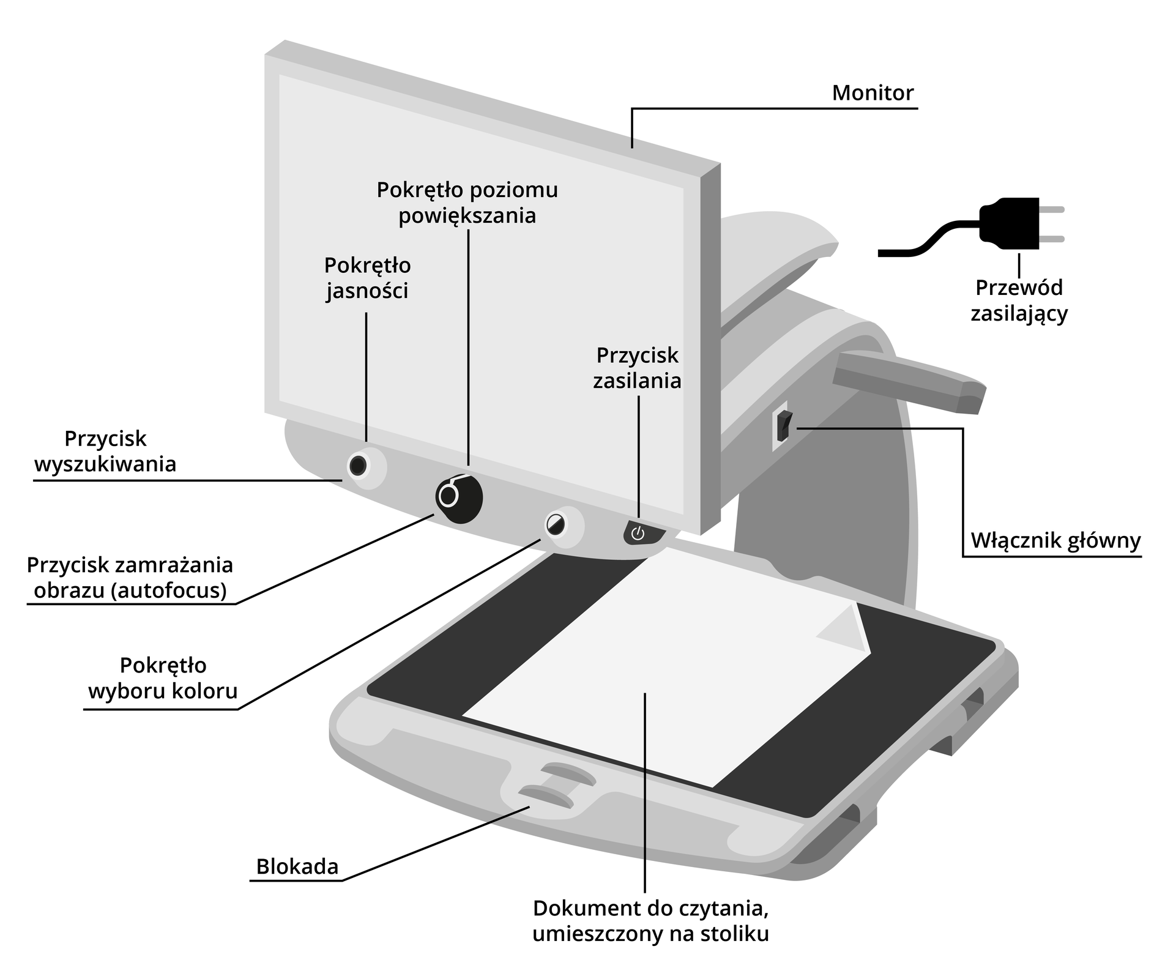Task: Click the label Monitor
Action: pos(873,93)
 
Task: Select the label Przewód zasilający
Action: pos(1019,300)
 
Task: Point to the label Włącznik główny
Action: pos(1055,541)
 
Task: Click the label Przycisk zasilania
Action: pos(637,368)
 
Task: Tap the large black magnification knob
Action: pos(459,497)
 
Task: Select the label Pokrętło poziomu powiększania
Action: pos(467,203)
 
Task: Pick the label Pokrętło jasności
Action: pos(367,278)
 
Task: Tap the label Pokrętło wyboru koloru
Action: pos(163,678)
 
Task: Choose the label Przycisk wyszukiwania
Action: pos(105,452)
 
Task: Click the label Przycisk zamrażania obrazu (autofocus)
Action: pos(130,577)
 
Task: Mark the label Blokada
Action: pos(297,866)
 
